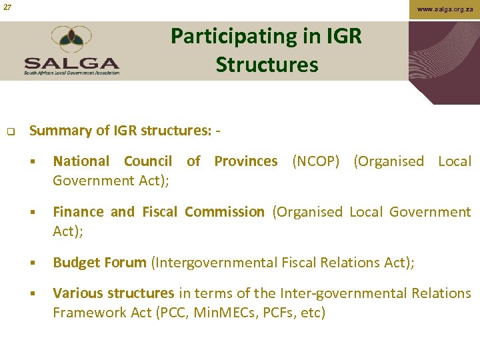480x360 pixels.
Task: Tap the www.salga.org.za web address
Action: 445,9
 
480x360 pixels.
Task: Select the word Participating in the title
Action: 220,36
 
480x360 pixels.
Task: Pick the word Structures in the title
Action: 267,65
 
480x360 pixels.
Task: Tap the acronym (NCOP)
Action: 315,161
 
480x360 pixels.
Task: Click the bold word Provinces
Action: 245,161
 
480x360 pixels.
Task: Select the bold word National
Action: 81,161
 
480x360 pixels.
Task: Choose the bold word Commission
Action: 224,212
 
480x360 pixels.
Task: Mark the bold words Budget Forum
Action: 99,263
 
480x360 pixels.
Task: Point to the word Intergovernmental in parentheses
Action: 223,263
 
